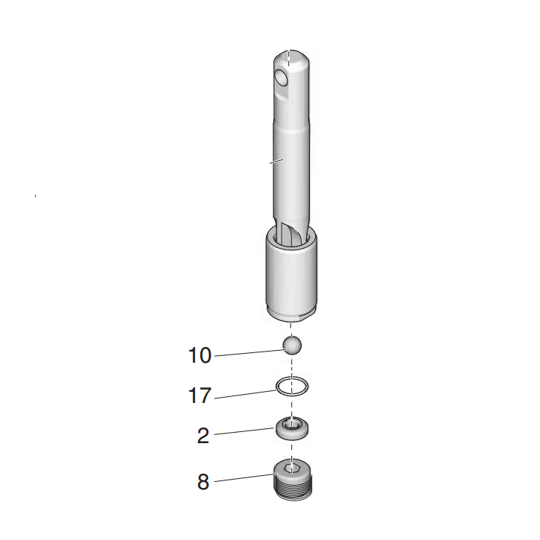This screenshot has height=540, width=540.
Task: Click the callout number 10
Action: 200,355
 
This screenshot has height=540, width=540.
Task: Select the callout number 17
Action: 200,395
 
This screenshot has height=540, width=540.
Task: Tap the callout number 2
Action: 203,436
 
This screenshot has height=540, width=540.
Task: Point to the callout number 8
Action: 203,481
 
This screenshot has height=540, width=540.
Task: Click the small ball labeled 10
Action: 292,345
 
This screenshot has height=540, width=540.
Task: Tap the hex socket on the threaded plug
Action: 292,469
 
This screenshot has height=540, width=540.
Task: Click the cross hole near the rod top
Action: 281,78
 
